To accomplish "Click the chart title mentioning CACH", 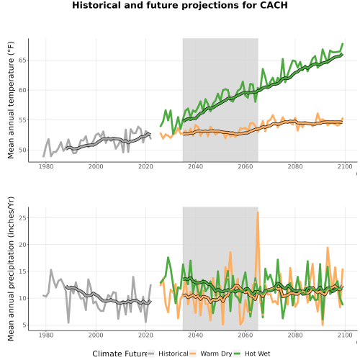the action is tap(180, 5).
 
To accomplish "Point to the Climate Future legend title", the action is tap(120, 354).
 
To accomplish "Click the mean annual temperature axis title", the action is tap(11, 100).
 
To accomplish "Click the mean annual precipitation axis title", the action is tap(11, 269).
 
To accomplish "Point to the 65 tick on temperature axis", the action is tap(22, 60).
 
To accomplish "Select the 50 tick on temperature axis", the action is tap(22, 150).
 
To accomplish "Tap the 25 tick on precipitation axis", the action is tap(22, 217).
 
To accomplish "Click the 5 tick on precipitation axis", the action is tap(24, 325).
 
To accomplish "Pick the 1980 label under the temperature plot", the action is tap(46, 166).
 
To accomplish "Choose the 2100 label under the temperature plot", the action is tap(345, 166).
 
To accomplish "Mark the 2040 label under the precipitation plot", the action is tap(195, 335).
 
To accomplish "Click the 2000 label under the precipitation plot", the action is tap(96, 335).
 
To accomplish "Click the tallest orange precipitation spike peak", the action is tap(258, 212).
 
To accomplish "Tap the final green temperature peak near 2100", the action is tap(343, 44).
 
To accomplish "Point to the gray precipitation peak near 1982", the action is tap(51, 270).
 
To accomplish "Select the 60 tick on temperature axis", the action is tap(22, 90).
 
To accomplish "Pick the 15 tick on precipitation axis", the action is tap(22, 271).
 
